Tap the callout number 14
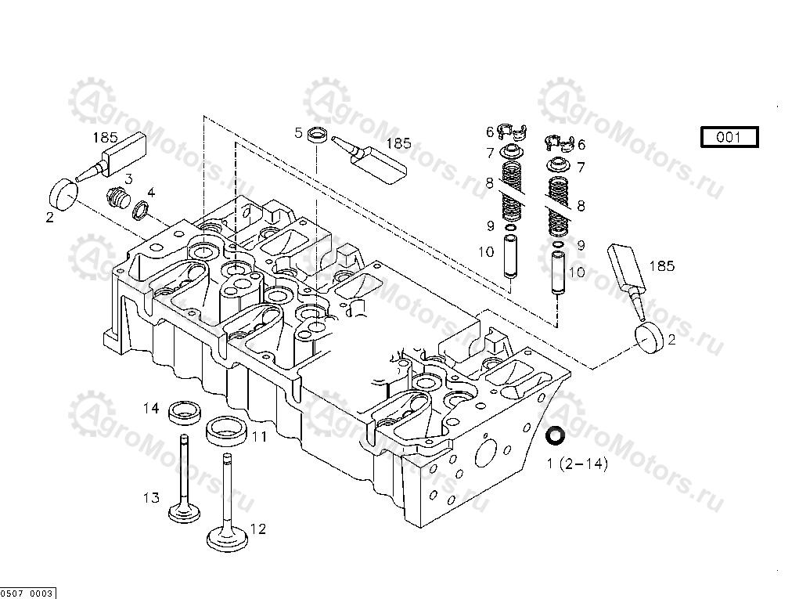tap(151, 408)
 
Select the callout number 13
tap(151, 498)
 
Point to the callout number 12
tap(257, 529)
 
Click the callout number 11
tap(259, 436)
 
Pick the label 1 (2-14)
tap(577, 464)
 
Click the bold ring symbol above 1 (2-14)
tap(556, 435)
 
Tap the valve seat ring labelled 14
tap(185, 410)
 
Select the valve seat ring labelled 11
tap(227, 429)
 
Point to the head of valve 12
tap(228, 539)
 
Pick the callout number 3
tap(128, 179)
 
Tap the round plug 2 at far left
tap(64, 192)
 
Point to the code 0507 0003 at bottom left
tap(27, 594)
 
